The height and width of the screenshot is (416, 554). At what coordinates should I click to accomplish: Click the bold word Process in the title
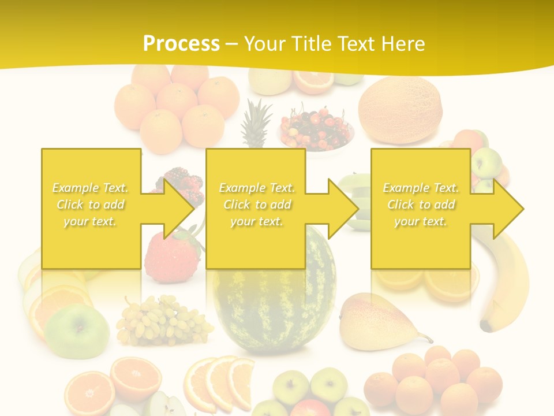pos(181,43)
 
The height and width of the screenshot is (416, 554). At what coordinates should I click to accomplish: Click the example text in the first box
pos(90,205)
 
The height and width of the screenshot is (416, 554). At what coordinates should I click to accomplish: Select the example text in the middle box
pos(257,205)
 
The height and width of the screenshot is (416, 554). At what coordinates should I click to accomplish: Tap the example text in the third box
pos(421,205)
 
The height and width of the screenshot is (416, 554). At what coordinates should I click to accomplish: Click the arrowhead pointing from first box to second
pos(177,209)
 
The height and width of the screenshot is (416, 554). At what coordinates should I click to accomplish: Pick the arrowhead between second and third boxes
pos(342,209)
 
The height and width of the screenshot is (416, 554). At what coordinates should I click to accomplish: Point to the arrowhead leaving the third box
pos(507,209)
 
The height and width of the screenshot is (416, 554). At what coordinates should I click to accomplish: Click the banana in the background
pos(511,277)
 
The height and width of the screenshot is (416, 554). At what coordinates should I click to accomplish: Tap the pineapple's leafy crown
pos(256,121)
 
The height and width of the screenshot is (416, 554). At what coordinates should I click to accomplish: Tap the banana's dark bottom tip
pos(486,326)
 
